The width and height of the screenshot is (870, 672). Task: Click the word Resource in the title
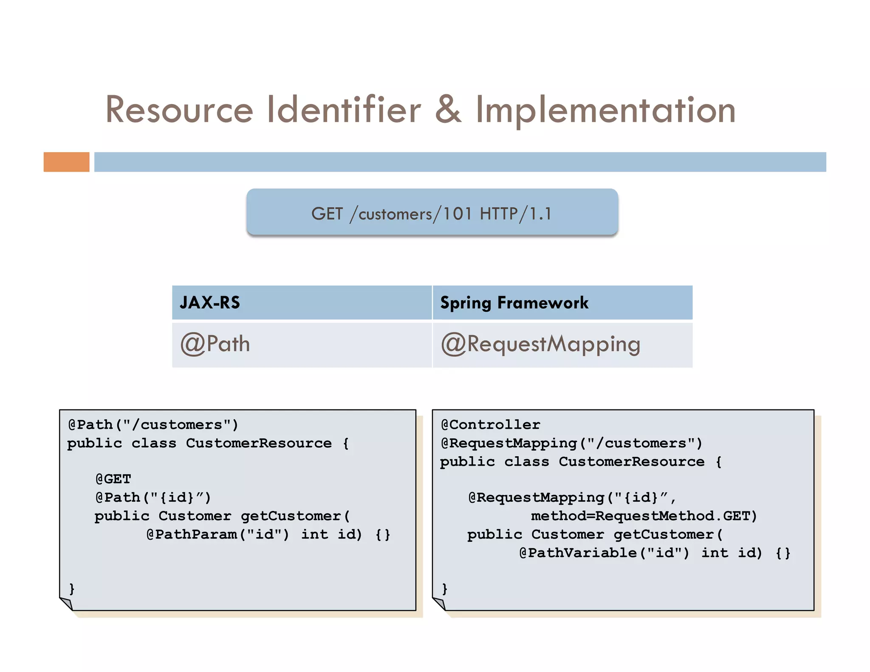point(179,110)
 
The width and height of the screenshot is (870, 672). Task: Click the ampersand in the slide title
point(448,110)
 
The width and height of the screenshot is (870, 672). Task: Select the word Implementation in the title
point(605,110)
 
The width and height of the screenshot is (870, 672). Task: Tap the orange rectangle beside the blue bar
point(66,162)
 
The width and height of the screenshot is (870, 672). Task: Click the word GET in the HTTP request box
point(327,214)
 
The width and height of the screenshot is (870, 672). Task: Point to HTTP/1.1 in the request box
point(515,214)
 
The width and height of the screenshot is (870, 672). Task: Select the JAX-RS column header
point(210,302)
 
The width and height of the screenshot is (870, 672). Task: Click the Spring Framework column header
point(514,302)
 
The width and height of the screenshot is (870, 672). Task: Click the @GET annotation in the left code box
point(113,479)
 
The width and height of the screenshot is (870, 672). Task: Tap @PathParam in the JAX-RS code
point(192,534)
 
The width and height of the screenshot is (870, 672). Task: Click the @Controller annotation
point(491,424)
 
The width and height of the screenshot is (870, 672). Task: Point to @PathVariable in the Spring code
point(578,553)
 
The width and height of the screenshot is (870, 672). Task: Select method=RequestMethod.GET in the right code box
point(644,516)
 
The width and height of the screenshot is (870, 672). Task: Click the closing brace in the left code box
point(72,588)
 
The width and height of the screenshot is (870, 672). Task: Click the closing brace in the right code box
point(444,588)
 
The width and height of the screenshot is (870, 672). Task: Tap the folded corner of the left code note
point(67,603)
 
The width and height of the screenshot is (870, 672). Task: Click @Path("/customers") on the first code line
point(153,424)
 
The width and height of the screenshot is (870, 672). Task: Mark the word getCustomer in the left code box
point(291,516)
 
